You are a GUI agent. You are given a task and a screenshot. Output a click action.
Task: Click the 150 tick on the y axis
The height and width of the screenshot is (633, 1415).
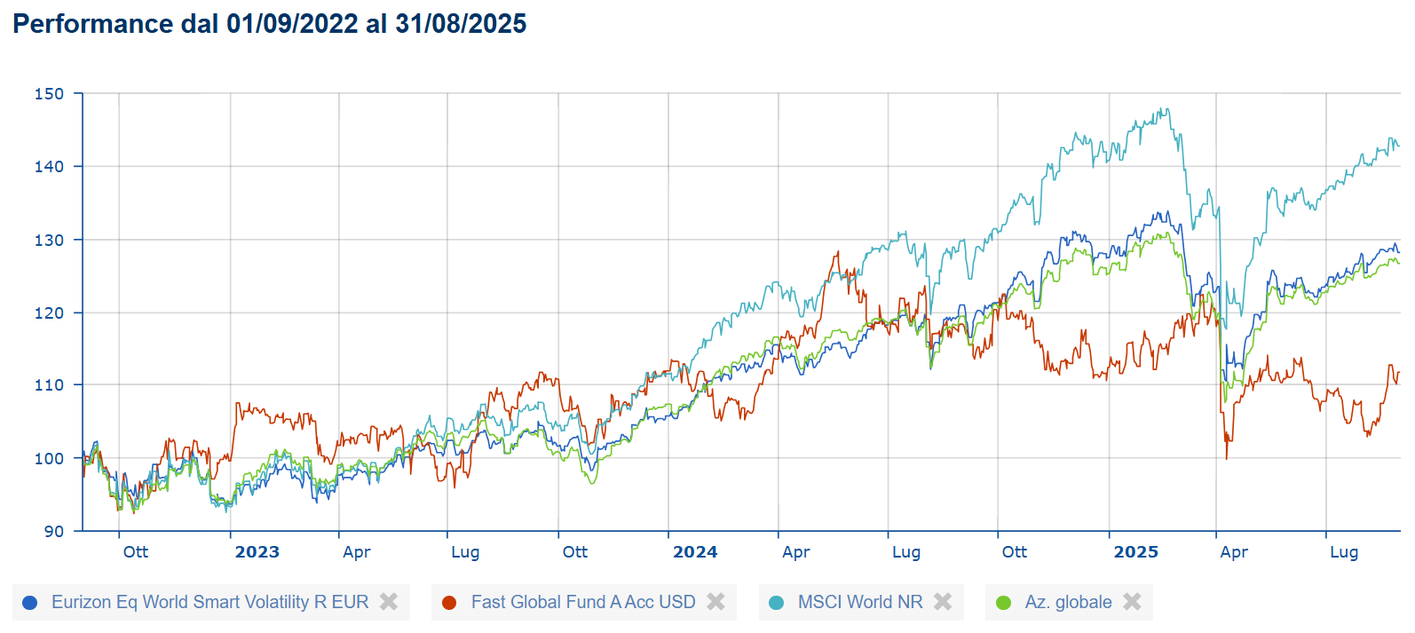(x=49, y=93)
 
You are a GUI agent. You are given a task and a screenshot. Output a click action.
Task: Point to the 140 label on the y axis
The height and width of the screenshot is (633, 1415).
(x=49, y=166)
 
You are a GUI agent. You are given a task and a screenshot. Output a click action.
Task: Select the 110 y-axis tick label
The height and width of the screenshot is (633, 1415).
(x=49, y=385)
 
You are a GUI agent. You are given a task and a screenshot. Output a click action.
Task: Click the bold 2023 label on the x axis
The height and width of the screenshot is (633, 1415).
(x=257, y=552)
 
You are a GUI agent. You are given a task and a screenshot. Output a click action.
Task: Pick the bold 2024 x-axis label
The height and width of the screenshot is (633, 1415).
(x=695, y=552)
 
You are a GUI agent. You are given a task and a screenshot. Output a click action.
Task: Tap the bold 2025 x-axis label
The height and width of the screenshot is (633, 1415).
(x=1135, y=552)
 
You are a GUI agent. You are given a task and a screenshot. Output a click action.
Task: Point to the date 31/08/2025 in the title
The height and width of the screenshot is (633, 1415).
(x=461, y=24)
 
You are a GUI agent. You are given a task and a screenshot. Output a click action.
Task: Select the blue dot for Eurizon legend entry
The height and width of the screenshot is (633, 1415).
(x=29, y=603)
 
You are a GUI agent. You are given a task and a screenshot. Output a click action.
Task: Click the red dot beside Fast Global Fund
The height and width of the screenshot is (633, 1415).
(x=449, y=603)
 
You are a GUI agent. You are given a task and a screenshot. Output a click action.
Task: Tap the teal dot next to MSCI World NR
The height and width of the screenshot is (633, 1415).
(x=777, y=603)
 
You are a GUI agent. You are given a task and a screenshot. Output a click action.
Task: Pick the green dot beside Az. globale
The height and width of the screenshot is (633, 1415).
(x=1004, y=603)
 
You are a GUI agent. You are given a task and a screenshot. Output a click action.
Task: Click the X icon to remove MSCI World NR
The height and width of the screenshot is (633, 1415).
(x=943, y=602)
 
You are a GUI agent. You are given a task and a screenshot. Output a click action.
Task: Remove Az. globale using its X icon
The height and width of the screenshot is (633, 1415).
(x=1132, y=602)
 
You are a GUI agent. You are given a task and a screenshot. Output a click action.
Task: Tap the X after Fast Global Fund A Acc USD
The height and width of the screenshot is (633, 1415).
(x=715, y=602)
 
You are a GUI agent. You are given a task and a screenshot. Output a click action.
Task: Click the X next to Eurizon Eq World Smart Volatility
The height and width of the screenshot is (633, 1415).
(x=389, y=602)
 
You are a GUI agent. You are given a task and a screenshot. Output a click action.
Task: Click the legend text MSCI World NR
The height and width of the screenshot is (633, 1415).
(x=860, y=602)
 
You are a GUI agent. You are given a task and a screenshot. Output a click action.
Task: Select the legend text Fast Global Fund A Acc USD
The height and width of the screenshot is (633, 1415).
(x=583, y=602)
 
